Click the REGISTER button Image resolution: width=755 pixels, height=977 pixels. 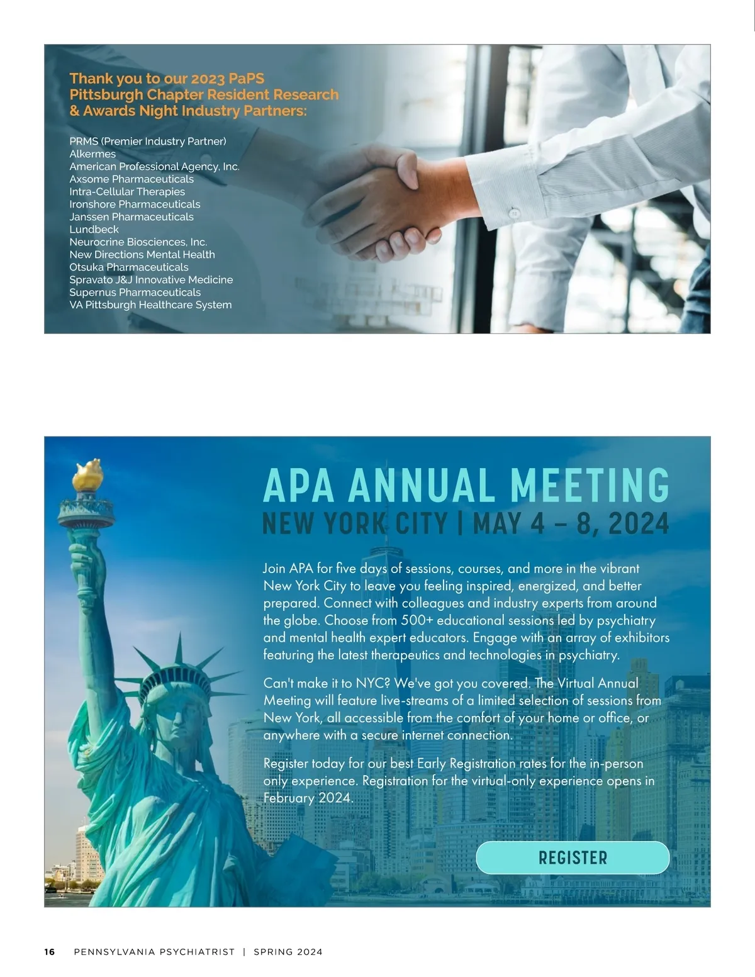[x=573, y=857]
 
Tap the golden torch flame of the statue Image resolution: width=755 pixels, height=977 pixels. [x=87, y=474]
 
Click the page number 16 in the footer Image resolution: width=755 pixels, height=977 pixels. [x=50, y=952]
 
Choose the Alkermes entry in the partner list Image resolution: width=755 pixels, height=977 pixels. [x=92, y=154]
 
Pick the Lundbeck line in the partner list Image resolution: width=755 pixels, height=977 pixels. [x=94, y=230]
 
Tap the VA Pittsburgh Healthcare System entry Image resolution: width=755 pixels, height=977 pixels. [x=150, y=305]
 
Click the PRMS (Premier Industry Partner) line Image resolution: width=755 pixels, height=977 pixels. [x=148, y=142]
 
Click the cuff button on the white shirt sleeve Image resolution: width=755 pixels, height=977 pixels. [x=515, y=213]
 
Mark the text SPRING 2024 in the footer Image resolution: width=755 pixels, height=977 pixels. [x=288, y=952]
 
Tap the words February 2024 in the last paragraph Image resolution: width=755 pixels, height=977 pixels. [x=308, y=798]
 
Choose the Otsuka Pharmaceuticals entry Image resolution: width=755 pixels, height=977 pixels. [x=129, y=267]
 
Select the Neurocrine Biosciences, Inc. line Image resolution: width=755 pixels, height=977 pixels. [x=138, y=242]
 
